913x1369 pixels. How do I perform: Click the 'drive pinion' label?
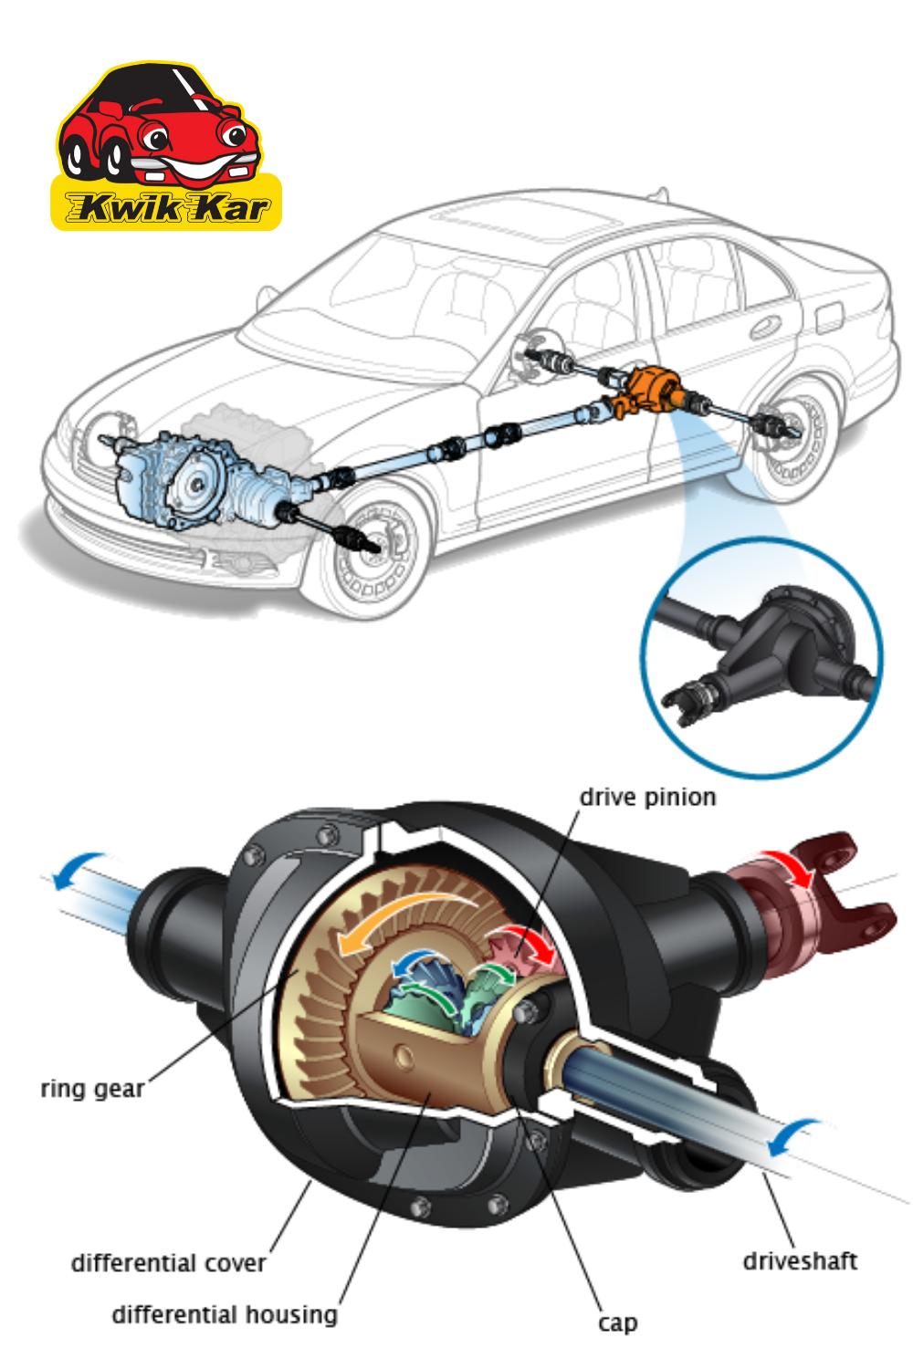(x=647, y=798)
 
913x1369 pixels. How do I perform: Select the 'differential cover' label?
(x=168, y=1262)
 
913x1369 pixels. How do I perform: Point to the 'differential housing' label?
(x=225, y=1314)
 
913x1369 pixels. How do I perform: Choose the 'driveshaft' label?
(x=800, y=1260)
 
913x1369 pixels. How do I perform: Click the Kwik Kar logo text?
(x=166, y=208)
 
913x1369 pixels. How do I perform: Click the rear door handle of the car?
(x=766, y=326)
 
